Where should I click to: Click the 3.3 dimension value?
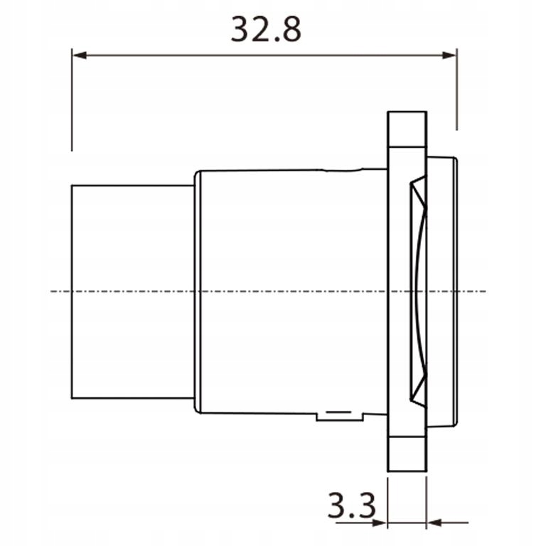pyautogui.click(x=351, y=506)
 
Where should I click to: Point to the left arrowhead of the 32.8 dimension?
pyautogui.click(x=78, y=55)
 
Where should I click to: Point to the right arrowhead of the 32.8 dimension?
pyautogui.click(x=449, y=55)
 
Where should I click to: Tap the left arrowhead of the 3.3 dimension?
pyautogui.click(x=380, y=523)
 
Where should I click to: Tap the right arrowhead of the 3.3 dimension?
pyautogui.click(x=433, y=523)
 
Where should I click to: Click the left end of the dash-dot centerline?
pyautogui.click(x=53, y=291)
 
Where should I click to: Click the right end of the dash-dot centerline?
pyautogui.click(x=486, y=291)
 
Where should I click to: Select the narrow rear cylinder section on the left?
pyautogui.click(x=132, y=291)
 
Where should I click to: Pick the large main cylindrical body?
pyautogui.click(x=291, y=291)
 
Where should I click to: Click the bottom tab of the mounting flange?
pyautogui.click(x=407, y=452)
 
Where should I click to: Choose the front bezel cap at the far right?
pyautogui.click(x=444, y=291)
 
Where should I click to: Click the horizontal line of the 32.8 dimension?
pyautogui.click(x=264, y=55)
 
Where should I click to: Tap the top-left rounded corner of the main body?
pyautogui.click(x=198, y=173)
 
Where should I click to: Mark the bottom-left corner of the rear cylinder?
pyautogui.click(x=73, y=397)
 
